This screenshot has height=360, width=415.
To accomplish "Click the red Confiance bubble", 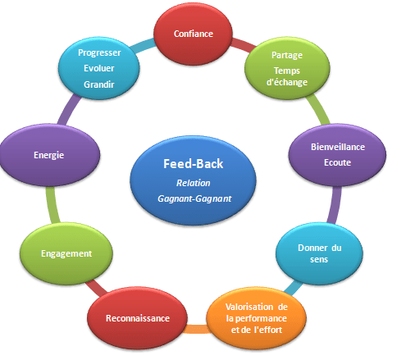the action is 193,34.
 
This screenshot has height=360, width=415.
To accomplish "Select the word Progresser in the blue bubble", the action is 99,52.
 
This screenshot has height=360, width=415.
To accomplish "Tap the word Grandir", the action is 99,84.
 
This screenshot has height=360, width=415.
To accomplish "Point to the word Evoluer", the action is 99,68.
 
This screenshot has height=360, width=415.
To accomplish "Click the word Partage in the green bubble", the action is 287,55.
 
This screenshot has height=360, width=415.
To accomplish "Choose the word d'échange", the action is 287,82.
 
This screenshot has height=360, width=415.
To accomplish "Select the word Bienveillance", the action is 338,147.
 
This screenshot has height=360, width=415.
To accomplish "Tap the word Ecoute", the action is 337,162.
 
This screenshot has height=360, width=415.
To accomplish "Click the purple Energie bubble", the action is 49,155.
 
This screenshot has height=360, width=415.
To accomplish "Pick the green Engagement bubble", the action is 66,253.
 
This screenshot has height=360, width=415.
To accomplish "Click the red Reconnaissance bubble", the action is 138,318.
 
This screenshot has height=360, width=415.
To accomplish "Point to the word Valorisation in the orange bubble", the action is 249,307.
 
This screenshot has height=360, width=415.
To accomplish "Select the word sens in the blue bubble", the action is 319,259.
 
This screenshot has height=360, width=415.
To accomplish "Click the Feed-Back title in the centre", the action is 194,164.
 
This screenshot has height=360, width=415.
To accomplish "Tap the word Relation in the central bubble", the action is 194,183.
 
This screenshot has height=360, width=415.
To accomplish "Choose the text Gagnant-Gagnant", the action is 194,198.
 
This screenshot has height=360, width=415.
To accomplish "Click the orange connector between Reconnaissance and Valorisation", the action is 197,329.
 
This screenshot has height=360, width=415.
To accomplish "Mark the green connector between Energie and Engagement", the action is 52,205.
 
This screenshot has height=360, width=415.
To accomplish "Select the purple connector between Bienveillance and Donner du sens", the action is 335,205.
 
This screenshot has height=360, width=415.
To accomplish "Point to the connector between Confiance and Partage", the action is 243,45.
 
